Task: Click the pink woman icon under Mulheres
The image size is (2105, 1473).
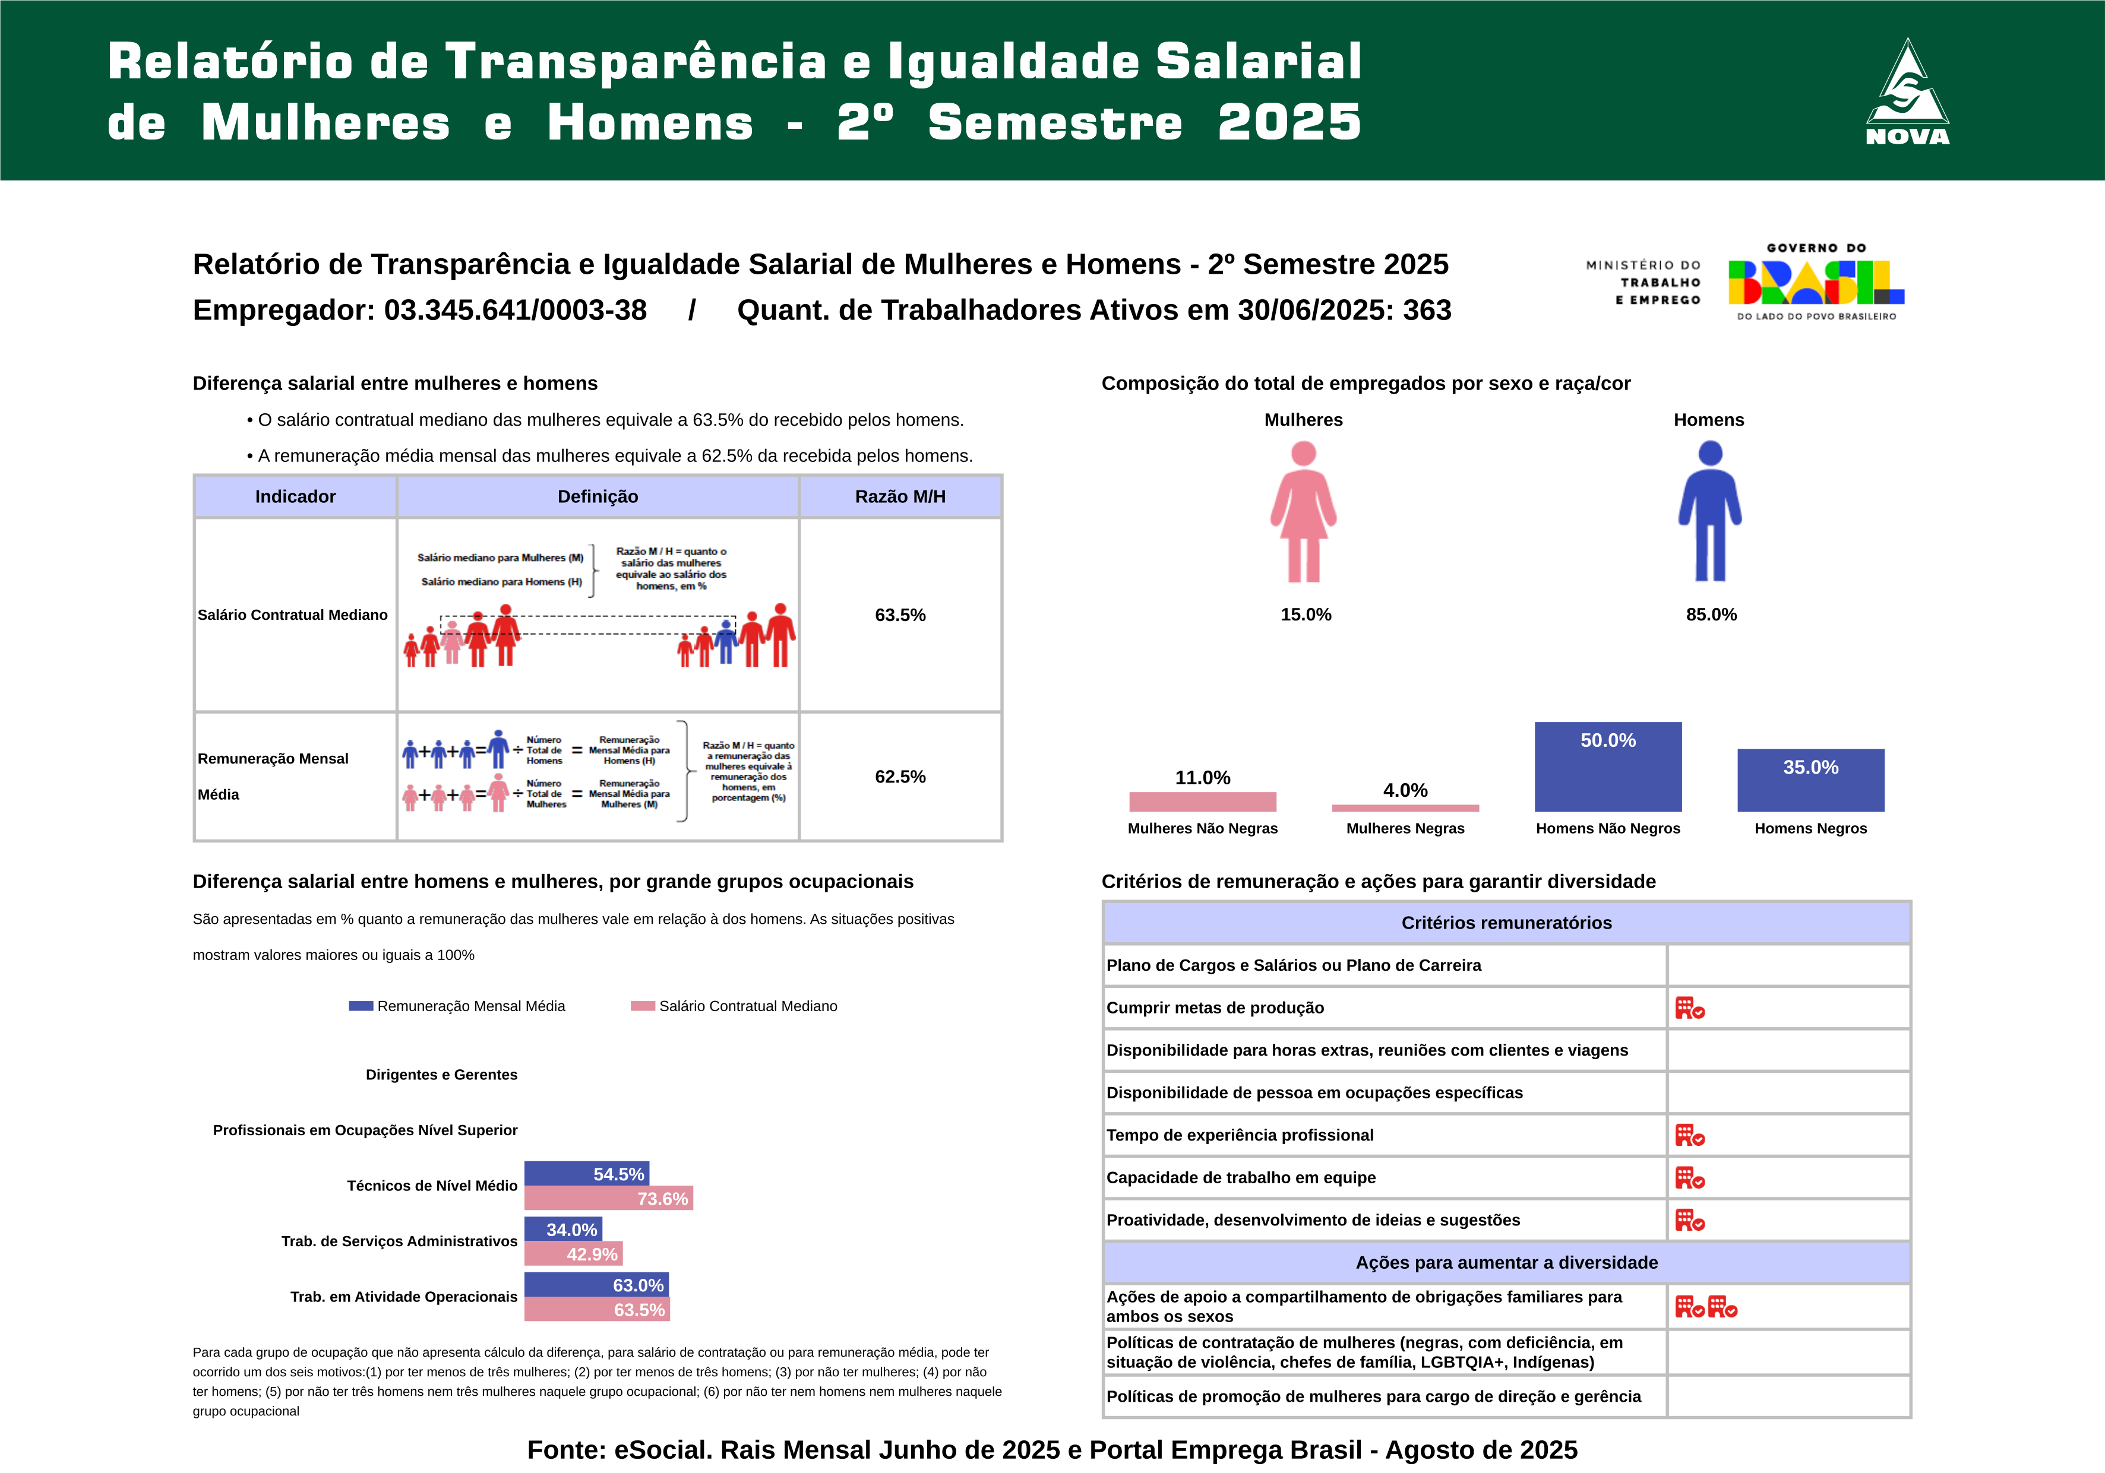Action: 1303,511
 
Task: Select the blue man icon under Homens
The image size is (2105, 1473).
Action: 1710,511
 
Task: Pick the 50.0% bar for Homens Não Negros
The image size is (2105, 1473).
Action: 1608,766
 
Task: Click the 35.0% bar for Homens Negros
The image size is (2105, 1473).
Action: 1811,780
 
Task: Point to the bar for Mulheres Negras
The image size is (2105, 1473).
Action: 1405,807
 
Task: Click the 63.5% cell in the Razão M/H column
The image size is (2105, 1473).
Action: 900,615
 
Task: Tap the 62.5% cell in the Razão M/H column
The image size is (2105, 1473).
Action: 900,777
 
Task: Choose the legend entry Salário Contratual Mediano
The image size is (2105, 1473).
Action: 734,1006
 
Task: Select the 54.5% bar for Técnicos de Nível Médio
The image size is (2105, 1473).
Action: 587,1173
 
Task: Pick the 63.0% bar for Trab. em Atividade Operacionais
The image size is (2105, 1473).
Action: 596,1284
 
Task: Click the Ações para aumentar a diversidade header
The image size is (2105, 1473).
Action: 1506,1262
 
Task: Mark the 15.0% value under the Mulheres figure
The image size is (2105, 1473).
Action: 1306,614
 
